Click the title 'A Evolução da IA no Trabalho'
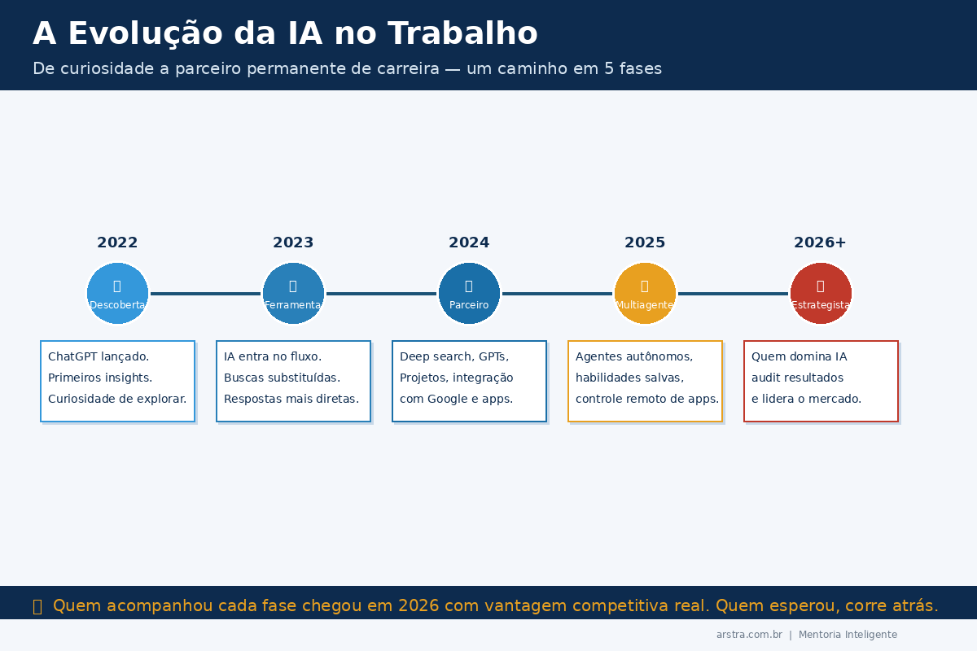click(285, 34)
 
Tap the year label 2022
click(117, 242)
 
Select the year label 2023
click(293, 242)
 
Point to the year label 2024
click(469, 242)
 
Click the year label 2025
click(645, 242)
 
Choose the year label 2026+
click(820, 242)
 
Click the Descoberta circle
click(117, 293)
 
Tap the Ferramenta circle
click(293, 293)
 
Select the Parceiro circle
click(469, 293)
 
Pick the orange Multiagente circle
click(645, 293)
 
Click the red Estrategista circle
click(821, 293)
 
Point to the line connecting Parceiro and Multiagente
click(557, 294)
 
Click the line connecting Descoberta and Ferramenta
click(205, 294)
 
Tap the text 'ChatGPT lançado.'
click(99, 356)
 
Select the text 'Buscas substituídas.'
click(282, 378)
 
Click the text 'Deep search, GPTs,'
click(453, 356)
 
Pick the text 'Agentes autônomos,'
click(634, 356)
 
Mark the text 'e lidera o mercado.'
click(806, 399)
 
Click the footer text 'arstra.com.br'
click(749, 635)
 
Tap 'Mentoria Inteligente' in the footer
click(848, 635)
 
